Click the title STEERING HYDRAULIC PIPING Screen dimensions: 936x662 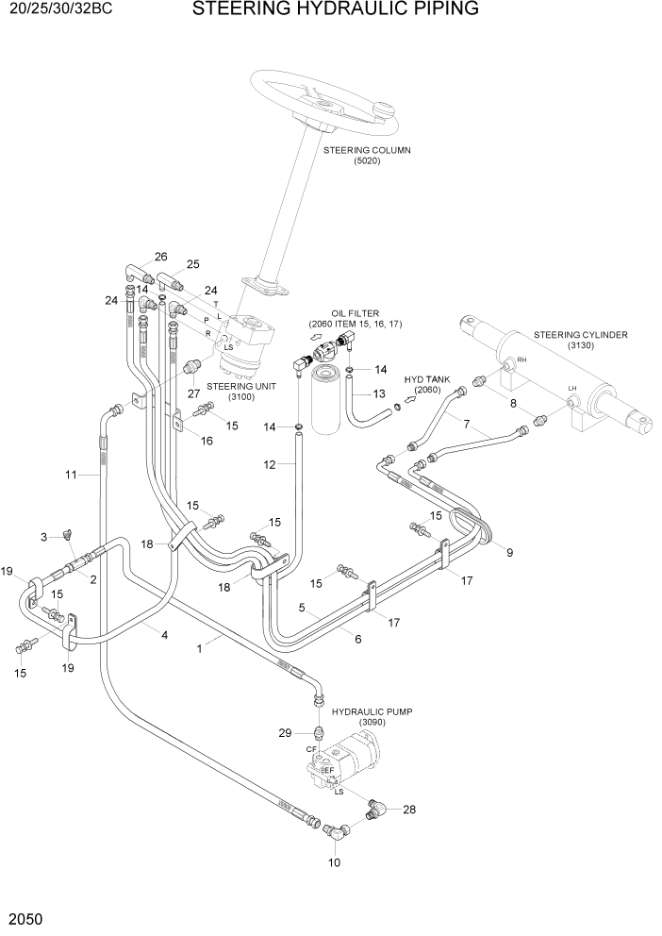coord(335,10)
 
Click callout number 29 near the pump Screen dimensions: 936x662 coord(285,733)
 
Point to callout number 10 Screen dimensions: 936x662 coord(334,861)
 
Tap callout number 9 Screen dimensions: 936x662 coord(509,552)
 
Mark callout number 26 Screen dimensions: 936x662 coord(160,257)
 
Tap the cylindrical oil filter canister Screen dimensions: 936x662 coord(325,404)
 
